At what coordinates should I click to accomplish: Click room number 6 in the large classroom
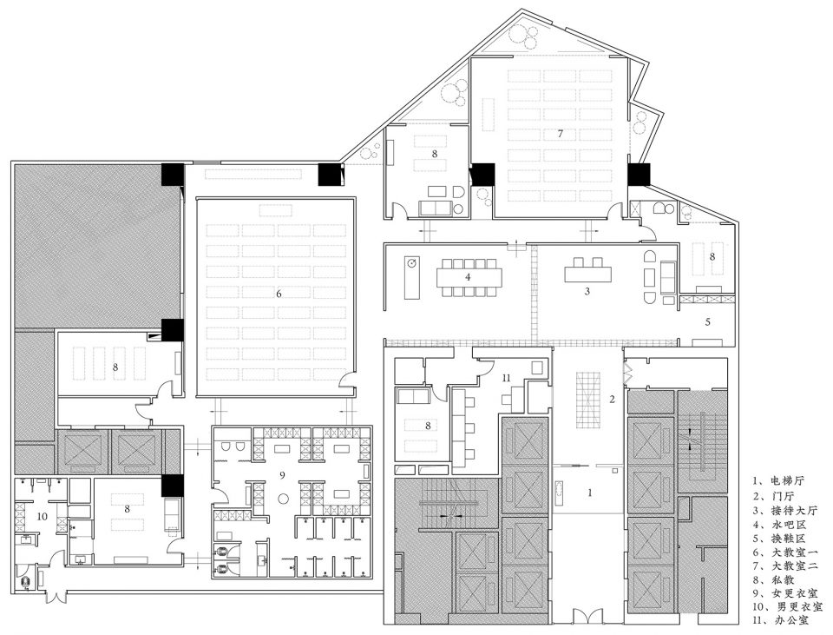279,294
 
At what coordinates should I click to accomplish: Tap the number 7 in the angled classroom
560,134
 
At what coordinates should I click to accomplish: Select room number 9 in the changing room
283,474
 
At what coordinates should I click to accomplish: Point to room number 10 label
43,516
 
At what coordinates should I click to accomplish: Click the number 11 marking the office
506,378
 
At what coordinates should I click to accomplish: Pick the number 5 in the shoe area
708,321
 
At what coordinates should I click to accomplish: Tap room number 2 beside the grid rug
612,399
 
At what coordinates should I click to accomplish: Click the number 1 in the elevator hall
590,493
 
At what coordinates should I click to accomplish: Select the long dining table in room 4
469,277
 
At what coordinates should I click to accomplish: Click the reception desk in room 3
587,274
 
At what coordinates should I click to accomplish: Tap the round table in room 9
284,499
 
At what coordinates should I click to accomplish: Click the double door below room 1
587,617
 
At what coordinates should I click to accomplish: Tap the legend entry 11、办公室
781,619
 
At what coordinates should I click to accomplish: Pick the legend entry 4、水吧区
779,523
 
